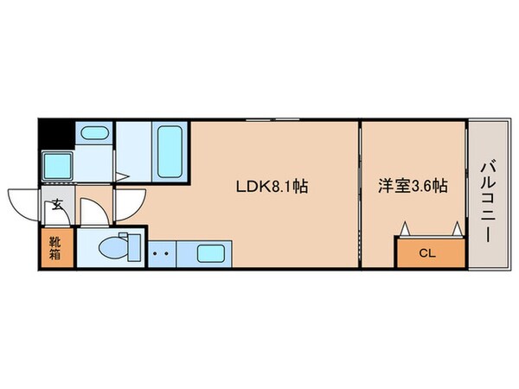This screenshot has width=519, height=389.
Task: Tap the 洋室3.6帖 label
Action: click(x=413, y=184)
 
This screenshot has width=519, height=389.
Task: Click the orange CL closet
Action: click(x=429, y=252)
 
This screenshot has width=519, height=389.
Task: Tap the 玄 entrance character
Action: click(x=56, y=206)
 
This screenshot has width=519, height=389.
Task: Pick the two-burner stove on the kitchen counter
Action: click(x=159, y=254)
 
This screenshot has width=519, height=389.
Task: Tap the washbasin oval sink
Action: click(x=93, y=134)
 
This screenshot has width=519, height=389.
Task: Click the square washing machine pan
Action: click(x=58, y=163)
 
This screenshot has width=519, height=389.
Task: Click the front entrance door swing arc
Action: click(x=24, y=204)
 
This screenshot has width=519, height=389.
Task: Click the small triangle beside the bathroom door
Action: click(x=123, y=177)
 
